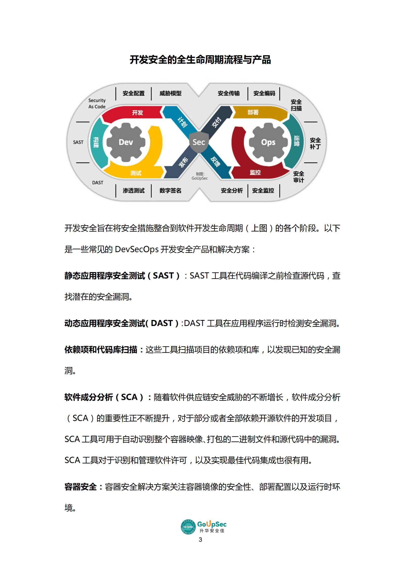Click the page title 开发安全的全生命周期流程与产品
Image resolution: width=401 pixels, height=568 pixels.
point(200,60)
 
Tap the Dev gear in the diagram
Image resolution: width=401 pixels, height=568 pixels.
point(126,142)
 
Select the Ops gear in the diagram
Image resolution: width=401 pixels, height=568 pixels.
point(268,142)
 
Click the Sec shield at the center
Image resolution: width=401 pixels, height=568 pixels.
point(199,142)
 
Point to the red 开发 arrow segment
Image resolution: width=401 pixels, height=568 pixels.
point(137,113)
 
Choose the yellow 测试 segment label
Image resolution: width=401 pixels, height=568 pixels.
point(136,173)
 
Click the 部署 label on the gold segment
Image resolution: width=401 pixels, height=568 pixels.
point(253,112)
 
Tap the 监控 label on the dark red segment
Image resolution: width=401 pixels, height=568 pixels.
point(255,172)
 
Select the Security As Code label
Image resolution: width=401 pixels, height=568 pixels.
point(97,104)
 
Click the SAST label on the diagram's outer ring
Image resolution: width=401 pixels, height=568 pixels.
point(78,142)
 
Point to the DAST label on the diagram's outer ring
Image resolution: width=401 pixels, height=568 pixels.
point(98,182)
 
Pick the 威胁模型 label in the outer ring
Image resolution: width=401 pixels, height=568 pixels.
point(170,93)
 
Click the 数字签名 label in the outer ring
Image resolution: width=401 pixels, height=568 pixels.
point(170,190)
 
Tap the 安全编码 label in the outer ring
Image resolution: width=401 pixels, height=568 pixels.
point(264,93)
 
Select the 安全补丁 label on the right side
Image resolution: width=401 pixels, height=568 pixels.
point(315,144)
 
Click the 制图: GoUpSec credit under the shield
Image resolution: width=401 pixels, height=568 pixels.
point(200,176)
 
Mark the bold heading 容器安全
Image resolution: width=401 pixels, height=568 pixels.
point(80,486)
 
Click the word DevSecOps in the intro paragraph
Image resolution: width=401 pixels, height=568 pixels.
point(137,249)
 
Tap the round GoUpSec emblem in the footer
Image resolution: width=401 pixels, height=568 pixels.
point(188,527)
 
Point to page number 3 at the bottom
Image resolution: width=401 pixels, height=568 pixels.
point(200,539)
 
